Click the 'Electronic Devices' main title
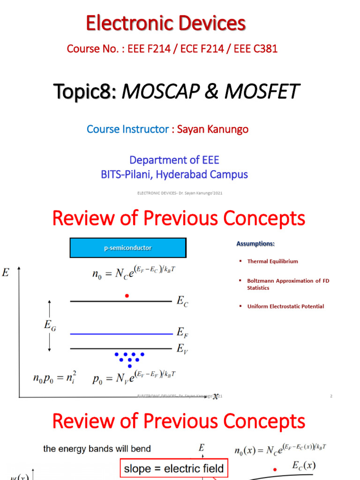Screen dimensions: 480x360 [x=165, y=23]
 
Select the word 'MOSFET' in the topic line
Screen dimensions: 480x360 [x=261, y=91]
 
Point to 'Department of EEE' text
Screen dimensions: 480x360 [x=174, y=160]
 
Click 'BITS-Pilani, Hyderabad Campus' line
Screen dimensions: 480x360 [x=174, y=174]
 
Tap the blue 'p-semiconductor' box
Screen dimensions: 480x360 [x=128, y=247]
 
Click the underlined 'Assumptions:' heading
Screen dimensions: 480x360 [x=255, y=244]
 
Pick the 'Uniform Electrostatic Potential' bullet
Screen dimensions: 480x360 [x=285, y=306]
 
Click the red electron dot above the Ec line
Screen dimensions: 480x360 [x=127, y=295]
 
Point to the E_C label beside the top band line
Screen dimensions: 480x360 [x=182, y=302]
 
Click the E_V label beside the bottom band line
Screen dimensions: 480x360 [x=182, y=349]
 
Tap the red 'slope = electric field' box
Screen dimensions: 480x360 [x=173, y=468]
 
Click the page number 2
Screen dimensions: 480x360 [x=331, y=396]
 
